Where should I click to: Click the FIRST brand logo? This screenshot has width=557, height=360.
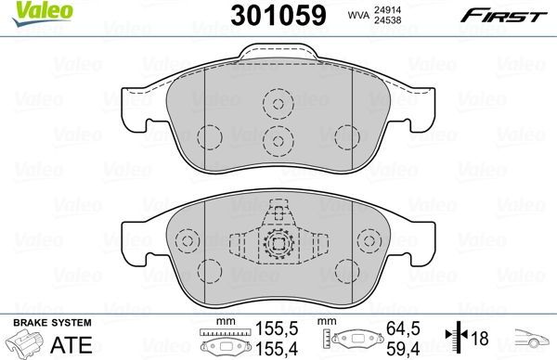(512, 14)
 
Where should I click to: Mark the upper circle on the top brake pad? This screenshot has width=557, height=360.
(276, 104)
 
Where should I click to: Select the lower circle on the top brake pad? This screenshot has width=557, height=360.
(276, 139)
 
